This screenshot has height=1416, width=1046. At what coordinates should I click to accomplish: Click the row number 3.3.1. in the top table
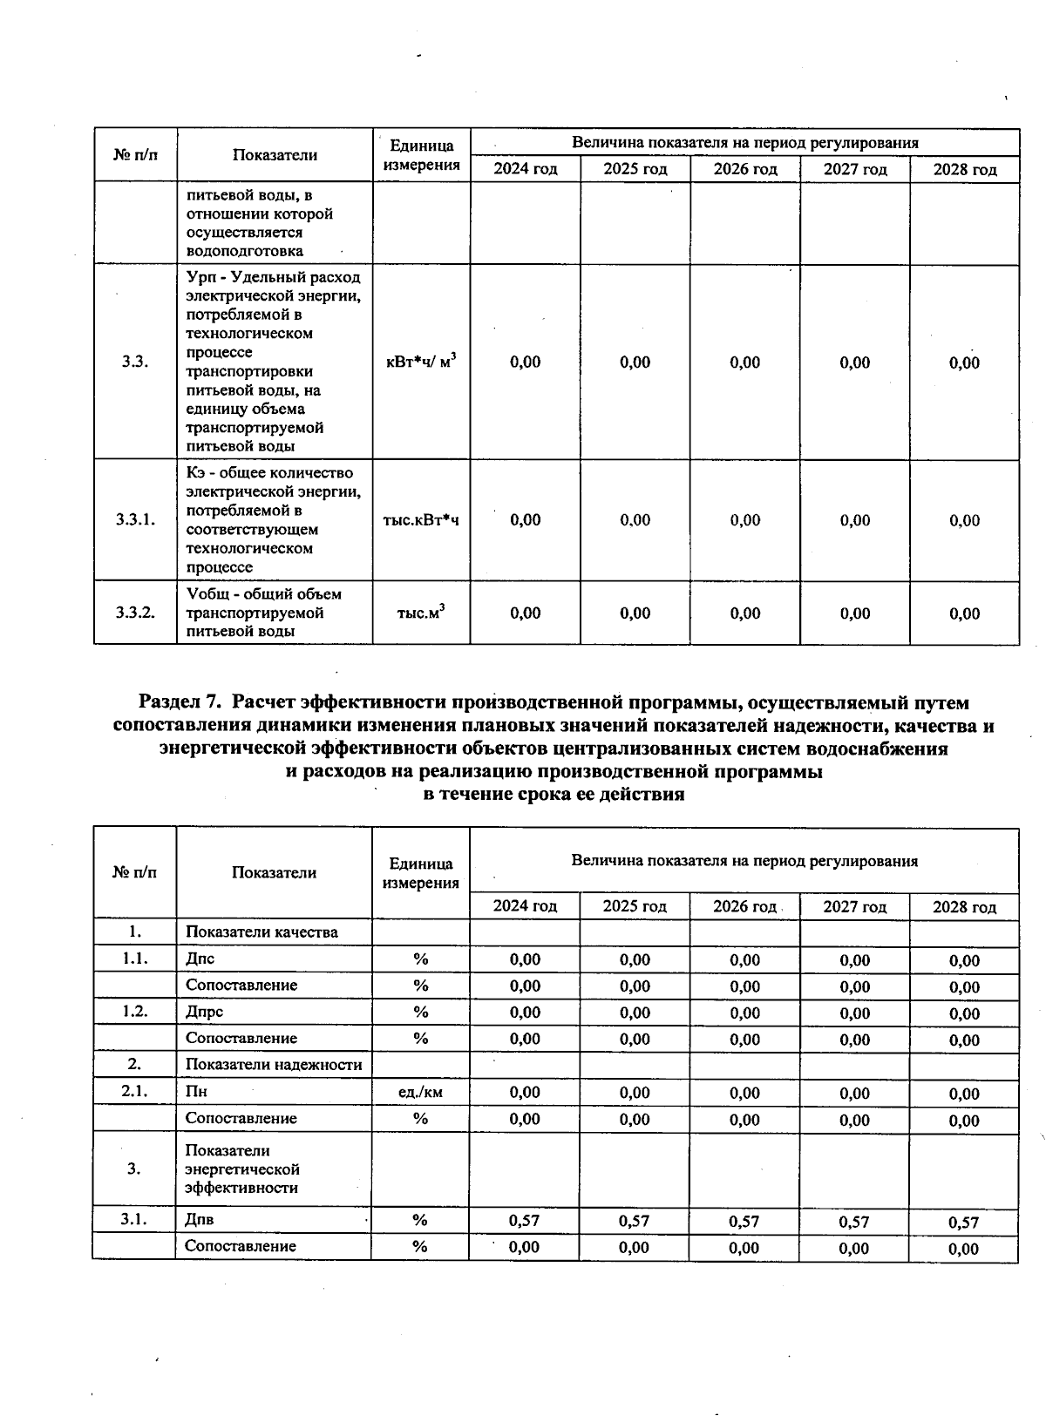point(135,520)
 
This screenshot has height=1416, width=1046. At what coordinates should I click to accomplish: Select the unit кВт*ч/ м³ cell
point(421,362)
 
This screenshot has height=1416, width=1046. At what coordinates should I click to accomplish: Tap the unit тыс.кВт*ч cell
point(421,520)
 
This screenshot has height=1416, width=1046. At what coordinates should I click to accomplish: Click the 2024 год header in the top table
point(525,169)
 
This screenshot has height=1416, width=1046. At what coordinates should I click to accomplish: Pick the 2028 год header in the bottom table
point(964,907)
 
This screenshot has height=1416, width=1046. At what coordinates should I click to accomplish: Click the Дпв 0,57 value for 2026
point(744,1222)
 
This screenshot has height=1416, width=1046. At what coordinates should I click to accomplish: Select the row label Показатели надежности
point(274,1065)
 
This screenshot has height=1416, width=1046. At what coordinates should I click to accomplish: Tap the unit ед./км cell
point(420,1092)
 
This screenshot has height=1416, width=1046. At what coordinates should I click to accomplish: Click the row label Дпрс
point(205,1012)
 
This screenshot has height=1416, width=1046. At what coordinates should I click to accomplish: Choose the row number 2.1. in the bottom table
point(134,1092)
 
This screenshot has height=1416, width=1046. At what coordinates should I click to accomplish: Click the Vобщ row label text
point(263,613)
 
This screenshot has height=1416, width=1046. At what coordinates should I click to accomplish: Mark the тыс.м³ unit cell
point(421,613)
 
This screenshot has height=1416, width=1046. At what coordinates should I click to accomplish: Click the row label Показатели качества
point(261,932)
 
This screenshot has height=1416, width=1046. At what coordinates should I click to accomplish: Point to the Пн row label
point(196,1092)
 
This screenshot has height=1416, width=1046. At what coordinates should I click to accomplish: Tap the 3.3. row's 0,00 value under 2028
point(964,362)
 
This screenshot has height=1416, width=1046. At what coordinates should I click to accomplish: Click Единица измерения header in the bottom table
point(421,873)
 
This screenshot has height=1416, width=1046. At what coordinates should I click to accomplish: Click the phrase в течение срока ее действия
point(554,795)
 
